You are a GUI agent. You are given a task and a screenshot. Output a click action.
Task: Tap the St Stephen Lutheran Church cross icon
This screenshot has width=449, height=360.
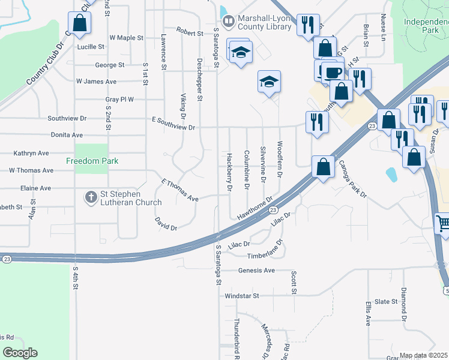tap(91, 197)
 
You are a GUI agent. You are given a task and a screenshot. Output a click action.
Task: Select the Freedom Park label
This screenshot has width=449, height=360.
tap(92, 161)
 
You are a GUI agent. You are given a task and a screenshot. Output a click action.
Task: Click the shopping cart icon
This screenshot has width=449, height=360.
tap(443, 224)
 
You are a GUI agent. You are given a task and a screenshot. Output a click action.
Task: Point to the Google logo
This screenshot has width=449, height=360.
tap(20, 353)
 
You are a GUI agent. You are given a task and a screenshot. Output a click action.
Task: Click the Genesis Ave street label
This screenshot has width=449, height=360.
tap(256, 271)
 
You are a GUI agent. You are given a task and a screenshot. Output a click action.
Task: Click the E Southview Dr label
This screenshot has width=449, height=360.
tap(173, 127)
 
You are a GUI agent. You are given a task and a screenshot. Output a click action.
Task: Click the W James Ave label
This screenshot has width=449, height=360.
tap(96, 82)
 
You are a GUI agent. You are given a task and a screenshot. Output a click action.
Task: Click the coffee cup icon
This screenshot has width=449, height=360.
tap(333, 73)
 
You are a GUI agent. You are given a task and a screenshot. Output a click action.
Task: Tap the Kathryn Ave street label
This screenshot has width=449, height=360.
tap(31, 154)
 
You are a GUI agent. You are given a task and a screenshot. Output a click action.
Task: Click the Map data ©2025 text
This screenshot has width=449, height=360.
tap(423, 355)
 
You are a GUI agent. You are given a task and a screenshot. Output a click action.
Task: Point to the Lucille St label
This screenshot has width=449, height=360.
tap(91, 46)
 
